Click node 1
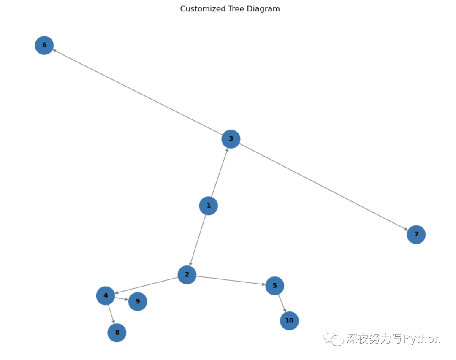click(208, 206)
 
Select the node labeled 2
click(187, 275)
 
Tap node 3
click(231, 138)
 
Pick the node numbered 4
click(106, 295)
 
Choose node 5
click(274, 286)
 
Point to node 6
click(44, 45)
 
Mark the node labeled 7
click(416, 234)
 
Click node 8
click(117, 333)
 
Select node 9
click(138, 301)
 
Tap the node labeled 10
click(289, 321)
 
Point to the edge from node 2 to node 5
click(231, 280)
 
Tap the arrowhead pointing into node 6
click(54, 51)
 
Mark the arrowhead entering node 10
click(285, 310)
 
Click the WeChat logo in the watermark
click(334, 338)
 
